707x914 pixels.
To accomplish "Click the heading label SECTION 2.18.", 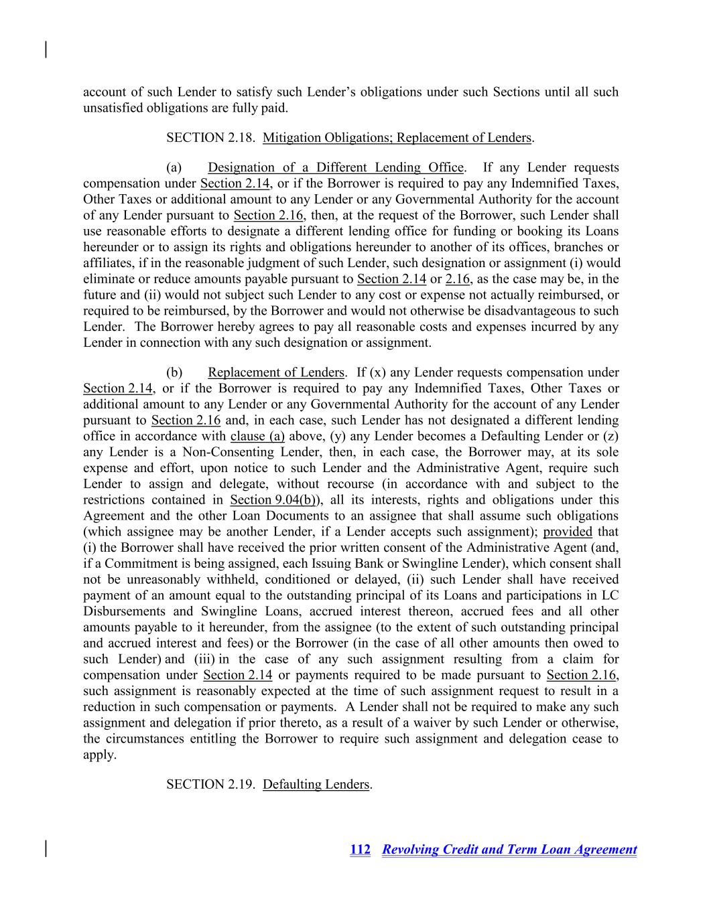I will [210, 138].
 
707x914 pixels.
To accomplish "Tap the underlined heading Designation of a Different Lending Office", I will [335, 167].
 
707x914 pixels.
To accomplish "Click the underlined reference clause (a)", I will [257, 437].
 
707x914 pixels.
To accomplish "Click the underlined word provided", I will [568, 532].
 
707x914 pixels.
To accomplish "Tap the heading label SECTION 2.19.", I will [210, 784].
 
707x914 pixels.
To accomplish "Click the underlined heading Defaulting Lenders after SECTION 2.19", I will [316, 784].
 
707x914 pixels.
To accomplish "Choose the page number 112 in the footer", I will [360, 850].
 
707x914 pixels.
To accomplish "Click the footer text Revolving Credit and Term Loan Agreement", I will [509, 850].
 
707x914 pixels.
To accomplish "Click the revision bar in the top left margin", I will [46, 50].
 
